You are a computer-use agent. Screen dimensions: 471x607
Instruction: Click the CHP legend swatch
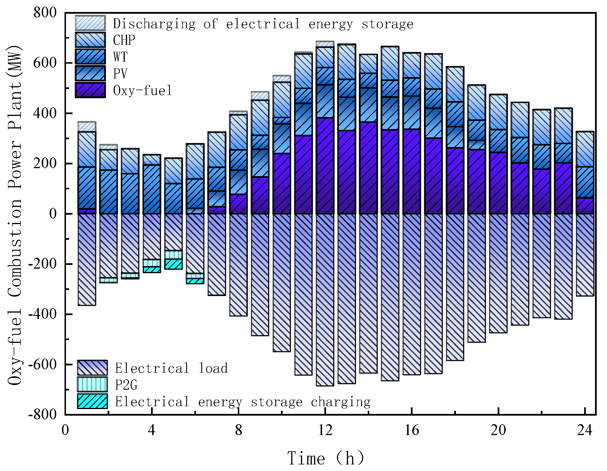coord(90,40)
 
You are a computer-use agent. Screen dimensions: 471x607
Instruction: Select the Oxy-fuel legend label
coord(143,90)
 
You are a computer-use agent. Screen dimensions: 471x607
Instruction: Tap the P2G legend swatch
coord(92,385)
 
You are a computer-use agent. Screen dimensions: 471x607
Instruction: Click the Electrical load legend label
coord(171,368)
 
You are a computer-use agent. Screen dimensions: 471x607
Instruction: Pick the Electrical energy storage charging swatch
coord(92,401)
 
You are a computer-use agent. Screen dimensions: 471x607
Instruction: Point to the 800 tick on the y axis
coord(45,13)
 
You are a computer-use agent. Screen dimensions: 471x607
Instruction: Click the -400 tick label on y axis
coord(42,314)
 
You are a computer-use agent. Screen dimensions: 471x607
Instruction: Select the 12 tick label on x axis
coord(325,430)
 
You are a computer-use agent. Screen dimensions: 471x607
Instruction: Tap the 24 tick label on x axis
coord(585,430)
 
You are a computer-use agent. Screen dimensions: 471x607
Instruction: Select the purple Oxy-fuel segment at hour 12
coord(325,166)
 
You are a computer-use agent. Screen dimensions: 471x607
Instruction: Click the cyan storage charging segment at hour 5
coord(174,264)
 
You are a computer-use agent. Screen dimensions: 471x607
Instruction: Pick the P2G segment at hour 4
coord(152,263)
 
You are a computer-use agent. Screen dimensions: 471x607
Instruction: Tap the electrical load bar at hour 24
coord(585,254)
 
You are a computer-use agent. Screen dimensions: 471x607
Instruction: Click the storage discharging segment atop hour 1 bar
coord(87,126)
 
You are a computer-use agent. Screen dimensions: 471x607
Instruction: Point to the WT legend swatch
coord(90,57)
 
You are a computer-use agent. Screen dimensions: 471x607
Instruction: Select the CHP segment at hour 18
coord(455,84)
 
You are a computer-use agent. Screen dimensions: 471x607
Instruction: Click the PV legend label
coord(120,74)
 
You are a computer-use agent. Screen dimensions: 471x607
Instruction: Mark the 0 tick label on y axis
coord(53,214)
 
